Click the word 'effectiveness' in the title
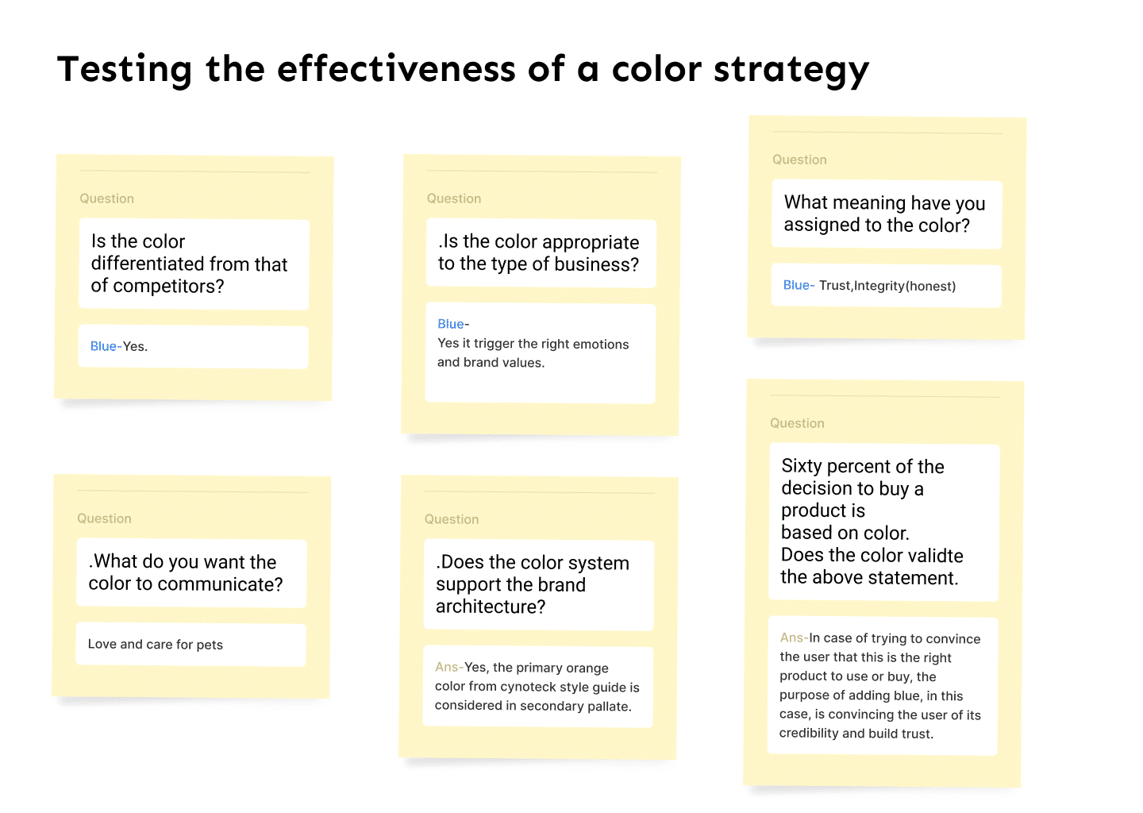396,69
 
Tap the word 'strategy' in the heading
791,71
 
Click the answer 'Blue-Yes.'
119,346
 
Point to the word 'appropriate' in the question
591,242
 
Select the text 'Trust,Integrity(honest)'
887,286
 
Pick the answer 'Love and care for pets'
155,645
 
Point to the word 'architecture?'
491,607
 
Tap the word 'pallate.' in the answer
610,707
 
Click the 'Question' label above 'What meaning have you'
799,160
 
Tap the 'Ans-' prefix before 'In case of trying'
795,638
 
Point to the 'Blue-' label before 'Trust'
799,285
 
